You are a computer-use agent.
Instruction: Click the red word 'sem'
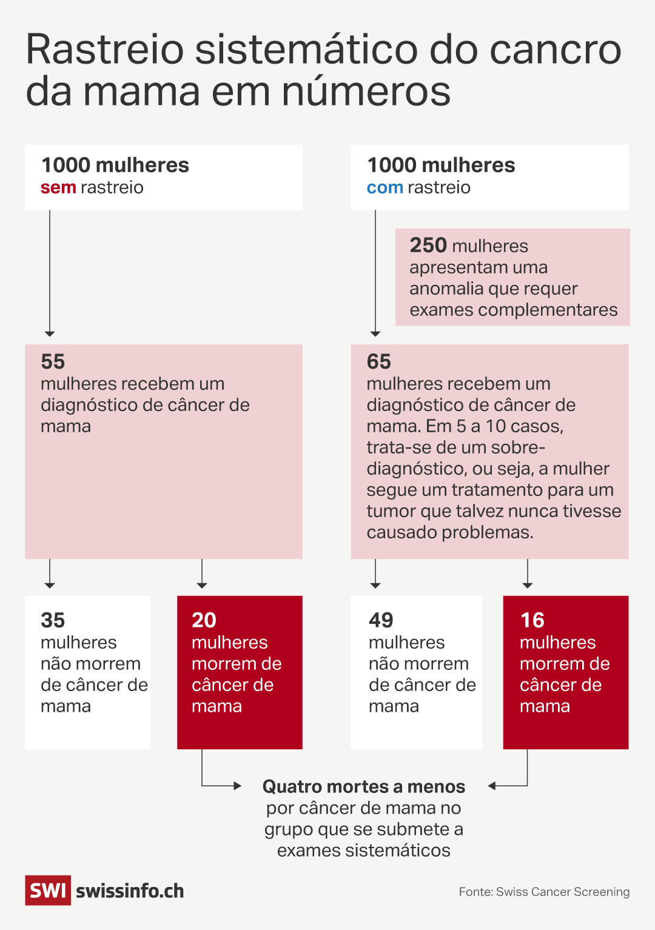click(x=58, y=188)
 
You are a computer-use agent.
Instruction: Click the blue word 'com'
click(x=385, y=188)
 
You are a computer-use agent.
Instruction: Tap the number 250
click(x=428, y=245)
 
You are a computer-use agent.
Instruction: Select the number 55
click(x=53, y=361)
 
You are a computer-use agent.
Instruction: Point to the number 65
click(x=379, y=361)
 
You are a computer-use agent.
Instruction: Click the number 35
click(x=53, y=620)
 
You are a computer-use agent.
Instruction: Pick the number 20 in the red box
click(x=204, y=620)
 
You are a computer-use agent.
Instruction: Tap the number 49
click(x=381, y=620)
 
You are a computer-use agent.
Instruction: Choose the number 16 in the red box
click(x=532, y=620)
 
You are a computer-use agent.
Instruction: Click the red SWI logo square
click(x=48, y=891)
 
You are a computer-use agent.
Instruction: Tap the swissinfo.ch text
click(x=130, y=891)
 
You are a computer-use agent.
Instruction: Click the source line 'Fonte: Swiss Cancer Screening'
click(x=544, y=892)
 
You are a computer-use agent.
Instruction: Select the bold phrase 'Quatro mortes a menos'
click(x=363, y=787)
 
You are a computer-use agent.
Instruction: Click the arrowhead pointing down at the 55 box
click(x=50, y=333)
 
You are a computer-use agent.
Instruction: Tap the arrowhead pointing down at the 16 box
click(x=528, y=585)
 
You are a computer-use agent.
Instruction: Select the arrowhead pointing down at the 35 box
click(x=50, y=585)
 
